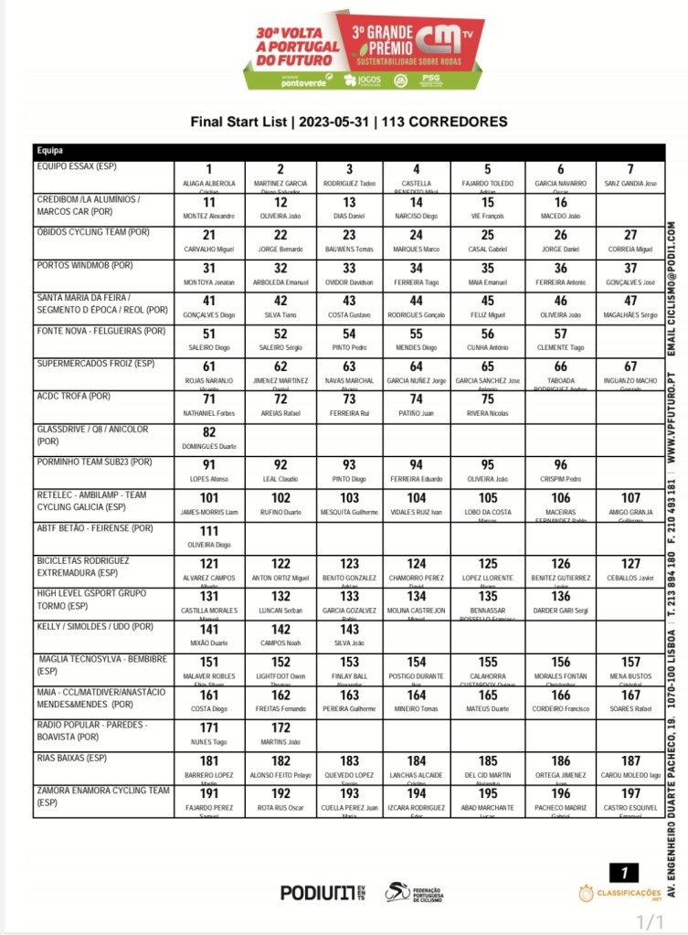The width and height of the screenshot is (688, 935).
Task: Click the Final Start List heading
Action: pyautogui.click(x=348, y=122)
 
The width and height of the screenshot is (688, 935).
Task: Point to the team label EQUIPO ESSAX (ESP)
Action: pyautogui.click(x=77, y=167)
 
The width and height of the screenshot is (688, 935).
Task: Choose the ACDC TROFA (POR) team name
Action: pyautogui.click(x=74, y=398)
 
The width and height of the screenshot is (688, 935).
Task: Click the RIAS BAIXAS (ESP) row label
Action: pyautogui.click(x=72, y=758)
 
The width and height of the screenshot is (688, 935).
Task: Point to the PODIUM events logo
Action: pyautogui.click(x=323, y=893)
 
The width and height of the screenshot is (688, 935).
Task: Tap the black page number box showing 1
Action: pyautogui.click(x=623, y=872)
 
